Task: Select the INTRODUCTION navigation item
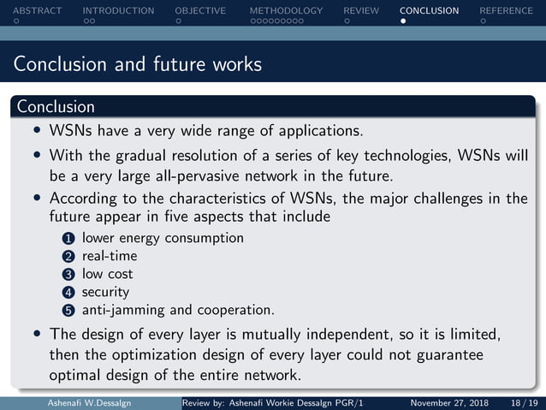(118, 11)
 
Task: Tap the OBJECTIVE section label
(200, 11)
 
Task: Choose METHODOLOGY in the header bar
(286, 11)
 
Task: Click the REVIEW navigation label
(360, 11)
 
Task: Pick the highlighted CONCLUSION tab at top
(429, 11)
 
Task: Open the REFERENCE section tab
(506, 11)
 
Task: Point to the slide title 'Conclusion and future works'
(138, 64)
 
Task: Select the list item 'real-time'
(110, 256)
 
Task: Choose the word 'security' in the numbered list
(105, 293)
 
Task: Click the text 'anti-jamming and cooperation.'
(178, 310)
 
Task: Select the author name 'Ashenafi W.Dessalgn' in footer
(90, 403)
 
